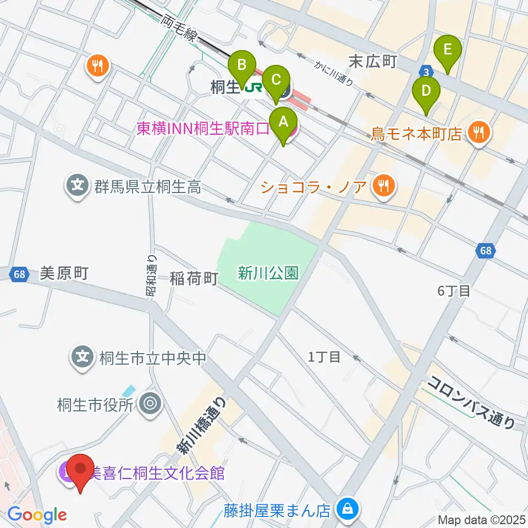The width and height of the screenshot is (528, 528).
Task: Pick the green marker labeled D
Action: tap(426, 90)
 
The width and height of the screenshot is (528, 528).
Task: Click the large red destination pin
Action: tap(81, 469)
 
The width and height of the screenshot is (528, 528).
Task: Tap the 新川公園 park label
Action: tap(268, 272)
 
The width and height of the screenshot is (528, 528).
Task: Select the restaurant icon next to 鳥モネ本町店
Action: tap(478, 133)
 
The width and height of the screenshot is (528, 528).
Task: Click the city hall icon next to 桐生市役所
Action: tap(149, 405)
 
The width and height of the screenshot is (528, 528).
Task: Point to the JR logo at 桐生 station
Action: tap(254, 86)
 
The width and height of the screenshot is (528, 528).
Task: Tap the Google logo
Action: tap(37, 515)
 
